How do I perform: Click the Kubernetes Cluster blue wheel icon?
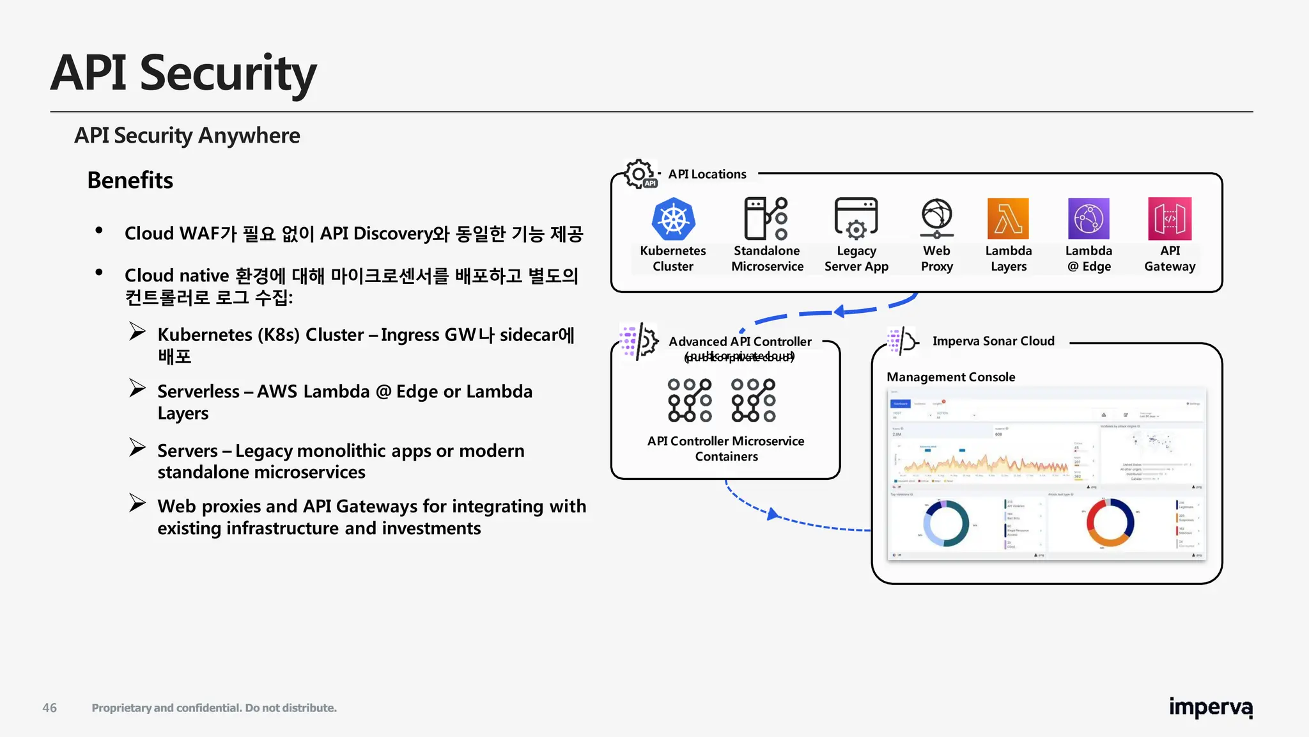[x=673, y=219]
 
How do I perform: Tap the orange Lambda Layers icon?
[x=1008, y=219]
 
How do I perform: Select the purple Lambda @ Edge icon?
[x=1088, y=219]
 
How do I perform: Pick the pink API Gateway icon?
[x=1170, y=219]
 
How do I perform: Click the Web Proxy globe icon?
[x=936, y=218]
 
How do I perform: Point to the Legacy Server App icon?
[x=856, y=218]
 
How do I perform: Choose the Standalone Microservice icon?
[x=766, y=218]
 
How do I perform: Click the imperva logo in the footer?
[x=1211, y=708]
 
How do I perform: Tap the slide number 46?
[x=49, y=708]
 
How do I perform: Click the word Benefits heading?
[x=130, y=180]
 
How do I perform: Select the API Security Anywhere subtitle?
[x=187, y=136]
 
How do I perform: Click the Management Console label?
[x=950, y=377]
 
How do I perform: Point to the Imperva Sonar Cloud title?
[x=993, y=341]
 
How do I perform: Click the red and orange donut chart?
[x=1110, y=522]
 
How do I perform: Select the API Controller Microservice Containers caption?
[x=725, y=448]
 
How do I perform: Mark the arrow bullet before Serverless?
[x=137, y=388]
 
